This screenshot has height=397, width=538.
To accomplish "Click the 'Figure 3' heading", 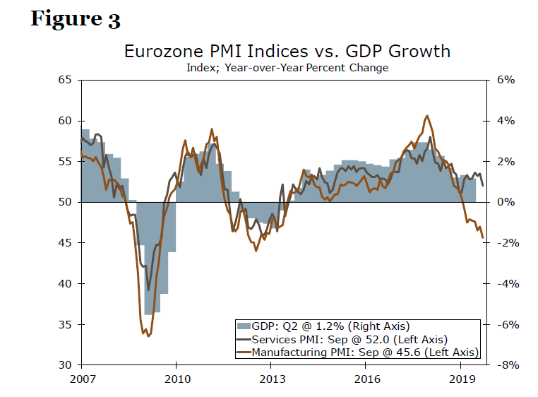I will (76, 19).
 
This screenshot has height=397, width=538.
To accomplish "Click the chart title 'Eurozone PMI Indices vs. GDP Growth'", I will (287, 52).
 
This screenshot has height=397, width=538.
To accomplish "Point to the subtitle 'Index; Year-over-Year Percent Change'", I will (287, 68).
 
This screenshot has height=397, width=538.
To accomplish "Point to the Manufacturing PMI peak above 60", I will (427, 116).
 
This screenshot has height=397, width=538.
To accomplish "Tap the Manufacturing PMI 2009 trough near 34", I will (148, 336).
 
